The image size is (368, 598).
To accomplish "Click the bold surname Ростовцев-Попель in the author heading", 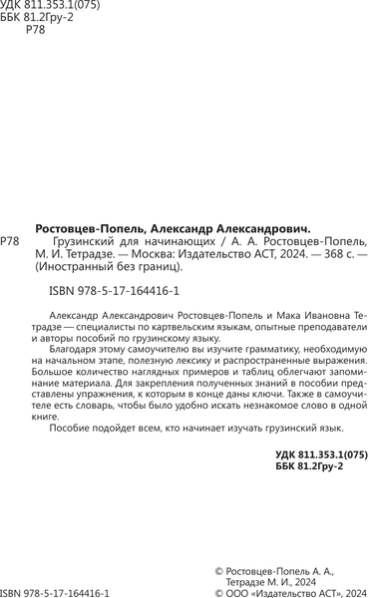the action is coord(92,226).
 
